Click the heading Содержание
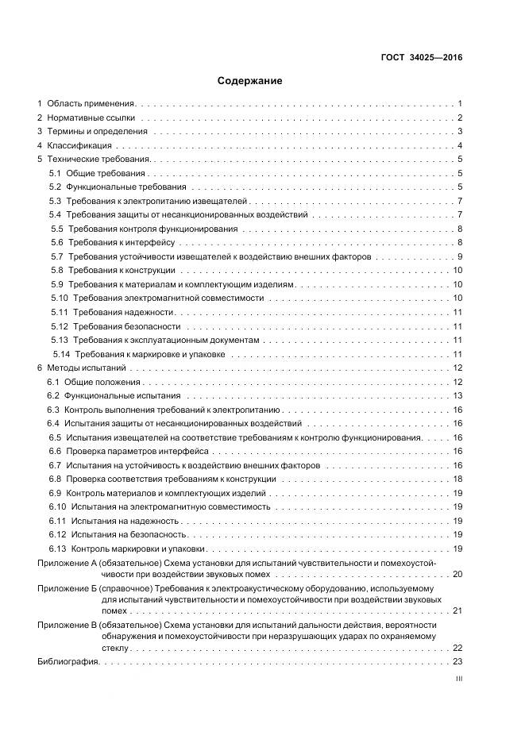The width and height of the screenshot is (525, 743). click(249, 80)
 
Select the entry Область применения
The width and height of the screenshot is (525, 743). click(92, 103)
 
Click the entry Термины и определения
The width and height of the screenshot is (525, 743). click(97, 131)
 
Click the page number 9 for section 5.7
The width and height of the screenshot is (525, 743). click(460, 256)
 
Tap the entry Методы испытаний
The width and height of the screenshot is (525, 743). click(86, 368)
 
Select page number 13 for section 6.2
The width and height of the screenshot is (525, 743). click(457, 395)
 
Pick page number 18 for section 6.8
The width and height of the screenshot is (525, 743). click(457, 479)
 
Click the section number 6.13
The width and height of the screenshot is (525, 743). click(57, 549)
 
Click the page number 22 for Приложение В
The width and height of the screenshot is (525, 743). click(457, 647)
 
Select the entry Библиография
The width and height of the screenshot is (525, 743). click(68, 661)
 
